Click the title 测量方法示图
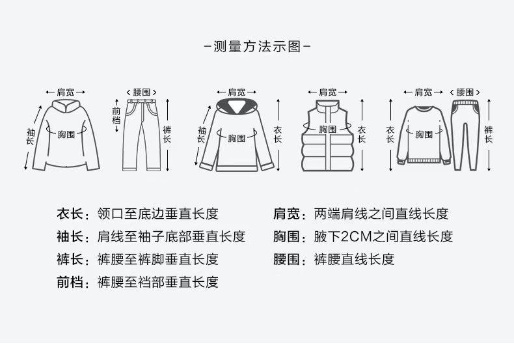(257, 47)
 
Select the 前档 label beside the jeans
(116, 115)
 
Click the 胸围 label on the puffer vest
(327, 130)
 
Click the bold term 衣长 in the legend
(70, 214)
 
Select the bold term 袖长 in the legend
(70, 236)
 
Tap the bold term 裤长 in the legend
(70, 259)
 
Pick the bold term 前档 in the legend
(70, 282)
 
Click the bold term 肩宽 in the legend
(286, 214)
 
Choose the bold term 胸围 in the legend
(286, 236)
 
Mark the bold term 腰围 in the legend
(286, 259)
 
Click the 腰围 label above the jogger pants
(465, 92)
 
